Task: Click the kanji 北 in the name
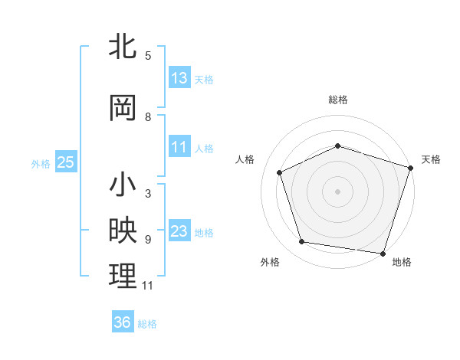click(123, 47)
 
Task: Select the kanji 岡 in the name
click(123, 108)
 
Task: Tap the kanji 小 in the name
click(123, 185)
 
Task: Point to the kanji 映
click(123, 231)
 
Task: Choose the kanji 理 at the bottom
click(123, 277)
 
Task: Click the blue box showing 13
click(179, 78)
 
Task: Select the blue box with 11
click(179, 147)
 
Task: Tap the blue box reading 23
click(179, 231)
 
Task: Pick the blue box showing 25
click(65, 162)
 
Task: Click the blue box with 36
click(123, 322)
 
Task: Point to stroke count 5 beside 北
click(148, 56)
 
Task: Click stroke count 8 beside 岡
click(148, 117)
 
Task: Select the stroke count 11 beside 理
click(148, 286)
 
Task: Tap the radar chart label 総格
click(338, 100)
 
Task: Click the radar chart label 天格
click(431, 159)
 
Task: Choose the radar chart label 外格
click(270, 262)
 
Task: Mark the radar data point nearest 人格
click(280, 172)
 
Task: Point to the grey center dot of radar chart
click(337, 191)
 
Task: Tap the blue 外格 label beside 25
click(41, 163)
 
